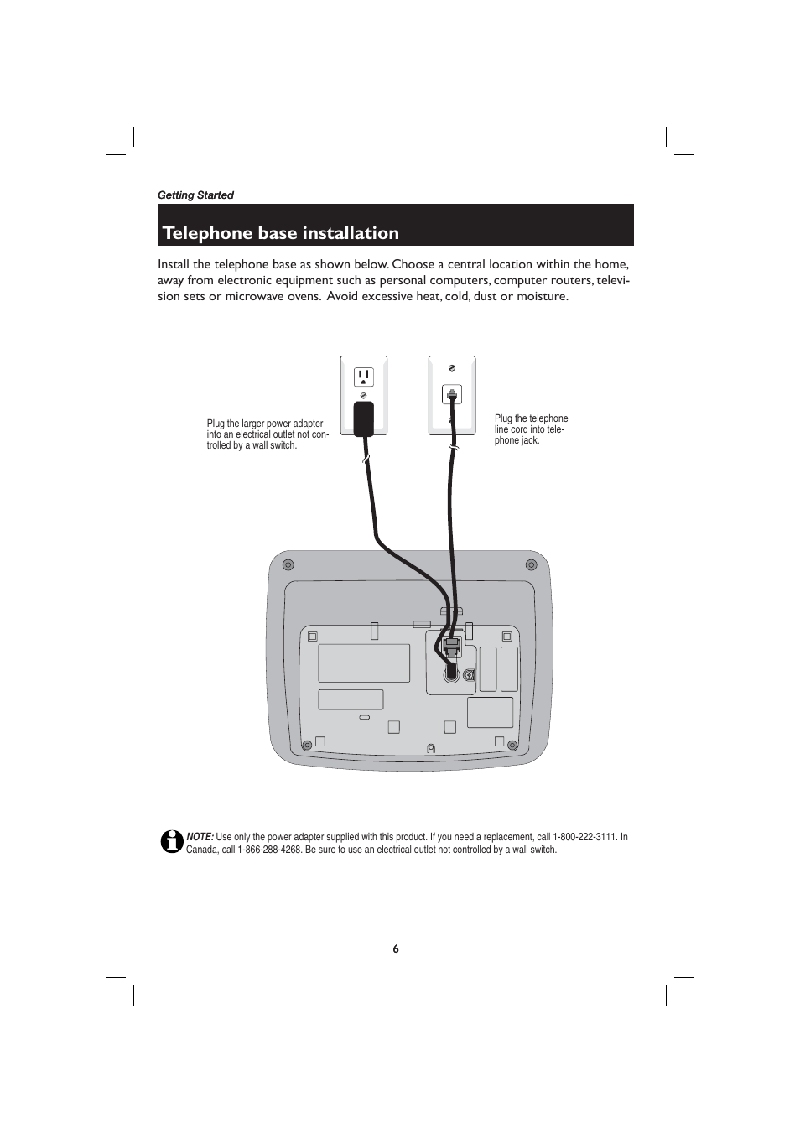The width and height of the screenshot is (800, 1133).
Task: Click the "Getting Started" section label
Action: pos(195,195)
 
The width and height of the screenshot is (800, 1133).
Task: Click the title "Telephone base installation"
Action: pos(281,232)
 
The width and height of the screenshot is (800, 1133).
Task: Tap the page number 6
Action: pos(396,948)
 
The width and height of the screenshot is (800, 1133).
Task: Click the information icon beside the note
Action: pos(171,841)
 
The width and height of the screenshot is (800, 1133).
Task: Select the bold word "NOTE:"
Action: pos(200,837)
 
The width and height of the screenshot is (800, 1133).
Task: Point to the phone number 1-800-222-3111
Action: pos(584,837)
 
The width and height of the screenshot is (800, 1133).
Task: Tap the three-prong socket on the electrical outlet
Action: pos(363,377)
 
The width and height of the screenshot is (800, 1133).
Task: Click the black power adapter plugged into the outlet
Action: pos(363,418)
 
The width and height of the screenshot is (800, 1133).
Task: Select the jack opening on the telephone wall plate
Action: pos(452,392)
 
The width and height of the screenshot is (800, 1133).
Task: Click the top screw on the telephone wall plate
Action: pos(452,367)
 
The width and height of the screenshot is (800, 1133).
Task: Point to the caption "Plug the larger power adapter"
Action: pos(265,424)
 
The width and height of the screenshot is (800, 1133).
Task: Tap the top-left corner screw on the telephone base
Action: pos(288,564)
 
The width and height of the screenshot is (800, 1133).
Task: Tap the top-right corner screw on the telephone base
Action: pos(530,564)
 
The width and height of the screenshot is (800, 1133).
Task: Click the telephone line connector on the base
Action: pos(451,646)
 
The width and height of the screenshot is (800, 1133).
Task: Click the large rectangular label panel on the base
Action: pos(364,663)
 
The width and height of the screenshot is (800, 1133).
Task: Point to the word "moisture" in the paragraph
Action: pos(541,296)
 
